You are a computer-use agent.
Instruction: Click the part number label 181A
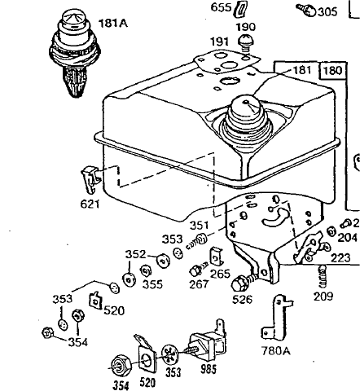click(112, 23)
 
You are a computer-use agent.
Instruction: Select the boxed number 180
click(333, 71)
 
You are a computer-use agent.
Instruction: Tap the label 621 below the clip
click(90, 204)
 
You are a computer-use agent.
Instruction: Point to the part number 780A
click(276, 351)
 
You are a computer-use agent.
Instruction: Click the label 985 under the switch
click(209, 369)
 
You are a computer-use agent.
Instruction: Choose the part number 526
click(242, 299)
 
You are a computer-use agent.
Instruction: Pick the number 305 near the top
click(327, 12)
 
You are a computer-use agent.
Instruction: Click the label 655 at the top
click(221, 7)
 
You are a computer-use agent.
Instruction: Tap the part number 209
click(323, 297)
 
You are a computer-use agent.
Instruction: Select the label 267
click(200, 284)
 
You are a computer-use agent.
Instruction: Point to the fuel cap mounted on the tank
click(244, 118)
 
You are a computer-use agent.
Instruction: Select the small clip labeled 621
click(91, 179)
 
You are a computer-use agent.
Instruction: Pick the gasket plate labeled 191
click(226, 62)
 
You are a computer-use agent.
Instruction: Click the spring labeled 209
click(323, 276)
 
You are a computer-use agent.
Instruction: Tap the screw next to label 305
click(306, 10)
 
